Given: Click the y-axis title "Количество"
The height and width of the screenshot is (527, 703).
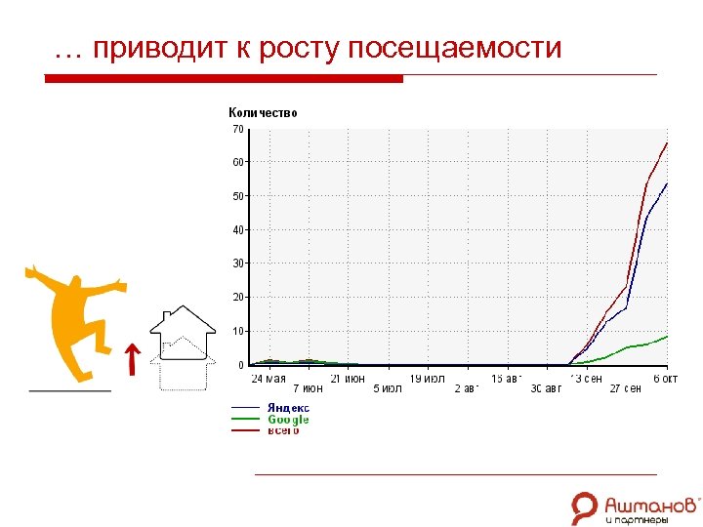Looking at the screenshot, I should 263,113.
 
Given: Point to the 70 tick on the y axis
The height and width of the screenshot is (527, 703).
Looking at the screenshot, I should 238,129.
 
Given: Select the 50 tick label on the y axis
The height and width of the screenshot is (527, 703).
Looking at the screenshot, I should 238,196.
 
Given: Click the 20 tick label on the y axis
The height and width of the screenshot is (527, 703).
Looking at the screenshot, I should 238,297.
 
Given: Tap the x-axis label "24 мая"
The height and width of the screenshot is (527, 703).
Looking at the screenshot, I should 269,378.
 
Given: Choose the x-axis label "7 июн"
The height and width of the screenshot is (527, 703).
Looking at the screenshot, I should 308,388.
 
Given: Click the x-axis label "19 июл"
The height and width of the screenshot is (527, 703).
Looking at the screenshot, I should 427,378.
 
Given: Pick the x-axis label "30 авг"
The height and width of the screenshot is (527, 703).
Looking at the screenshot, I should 547,388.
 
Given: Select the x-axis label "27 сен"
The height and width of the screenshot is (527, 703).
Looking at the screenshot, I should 626,388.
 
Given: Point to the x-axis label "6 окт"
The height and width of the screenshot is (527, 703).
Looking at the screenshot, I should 665,378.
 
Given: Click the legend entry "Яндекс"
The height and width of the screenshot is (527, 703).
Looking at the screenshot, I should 289,408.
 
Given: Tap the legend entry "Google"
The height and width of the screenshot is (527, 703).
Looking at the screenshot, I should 288,420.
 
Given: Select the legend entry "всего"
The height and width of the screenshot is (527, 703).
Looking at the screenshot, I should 284,430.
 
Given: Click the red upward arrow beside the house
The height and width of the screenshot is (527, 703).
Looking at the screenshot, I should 131,358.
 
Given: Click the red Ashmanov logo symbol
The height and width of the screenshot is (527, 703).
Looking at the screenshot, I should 585,507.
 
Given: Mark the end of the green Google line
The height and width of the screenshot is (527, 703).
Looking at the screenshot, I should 667,336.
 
